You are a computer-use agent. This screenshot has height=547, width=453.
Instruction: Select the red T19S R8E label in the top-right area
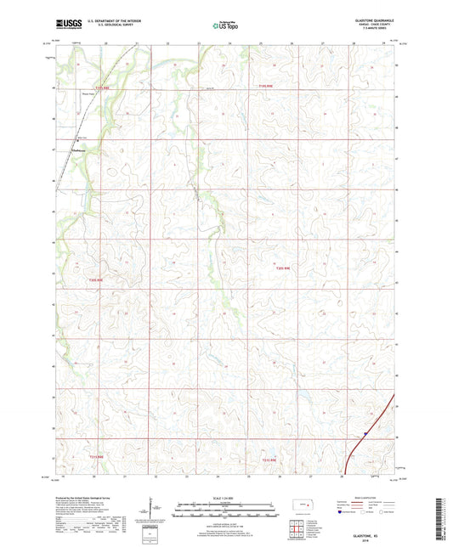[x=266, y=86]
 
